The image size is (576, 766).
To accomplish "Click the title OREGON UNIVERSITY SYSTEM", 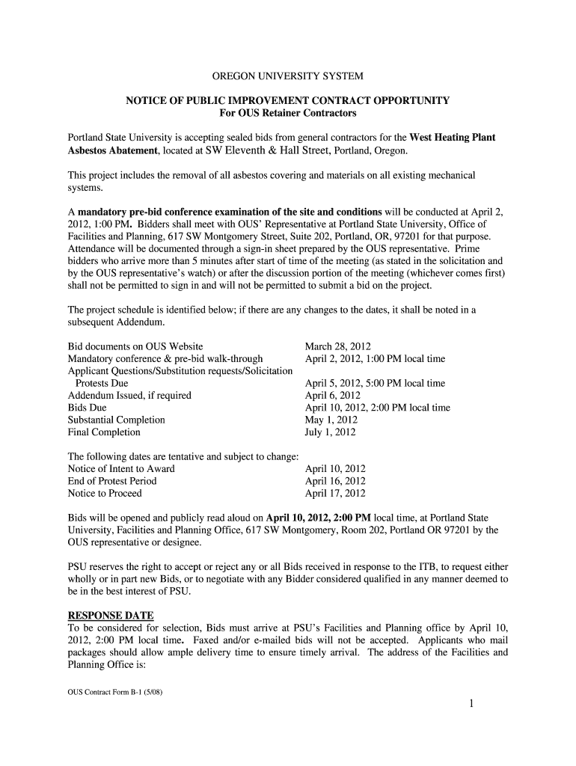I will (x=288, y=76).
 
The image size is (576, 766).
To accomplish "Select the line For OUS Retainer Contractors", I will (x=288, y=113).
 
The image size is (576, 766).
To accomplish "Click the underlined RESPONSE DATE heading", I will (x=111, y=616).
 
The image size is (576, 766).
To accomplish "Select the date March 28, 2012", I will (x=337, y=346).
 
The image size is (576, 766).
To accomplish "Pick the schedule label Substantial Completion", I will (x=117, y=420).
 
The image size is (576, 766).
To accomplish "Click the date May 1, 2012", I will (x=331, y=420).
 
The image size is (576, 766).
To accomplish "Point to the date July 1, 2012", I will (x=331, y=432).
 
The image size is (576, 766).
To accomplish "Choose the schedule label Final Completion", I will (x=104, y=432).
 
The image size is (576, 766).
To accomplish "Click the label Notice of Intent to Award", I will (x=121, y=468).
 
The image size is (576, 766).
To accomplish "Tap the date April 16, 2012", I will (x=335, y=481).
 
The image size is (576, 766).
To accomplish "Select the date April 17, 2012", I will (x=335, y=493).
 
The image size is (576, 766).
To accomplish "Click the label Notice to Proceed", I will (x=105, y=493).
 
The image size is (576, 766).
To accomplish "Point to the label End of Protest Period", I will (x=112, y=481).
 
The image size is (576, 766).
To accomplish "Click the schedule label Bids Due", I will (x=88, y=408).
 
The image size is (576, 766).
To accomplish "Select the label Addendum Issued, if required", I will (x=129, y=395).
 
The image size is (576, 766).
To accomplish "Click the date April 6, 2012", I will (x=333, y=395).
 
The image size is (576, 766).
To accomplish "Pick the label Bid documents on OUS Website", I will (x=135, y=346).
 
